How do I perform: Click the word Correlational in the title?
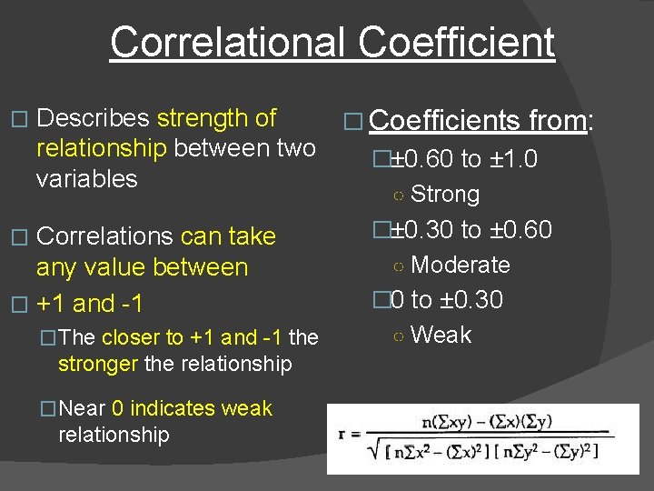[226, 42]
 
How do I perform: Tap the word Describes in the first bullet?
[94, 118]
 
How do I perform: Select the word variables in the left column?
[86, 178]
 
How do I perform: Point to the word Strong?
[444, 194]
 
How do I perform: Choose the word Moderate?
[461, 265]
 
